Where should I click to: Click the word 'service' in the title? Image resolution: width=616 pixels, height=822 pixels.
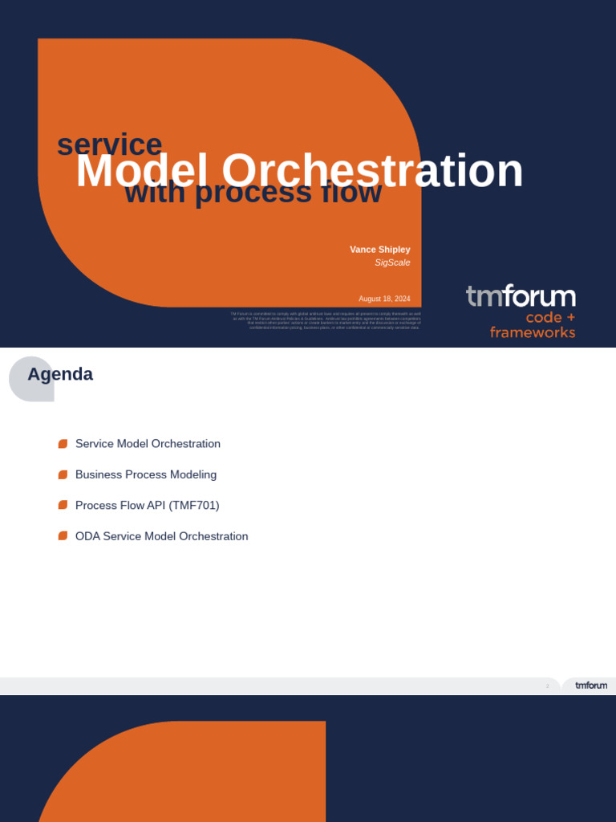pyautogui.click(x=109, y=144)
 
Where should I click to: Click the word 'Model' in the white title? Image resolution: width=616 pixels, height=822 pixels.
pyautogui.click(x=142, y=171)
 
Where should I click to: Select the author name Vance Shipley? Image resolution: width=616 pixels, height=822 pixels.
pyautogui.click(x=379, y=250)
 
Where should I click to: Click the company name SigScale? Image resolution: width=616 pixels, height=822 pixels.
pyautogui.click(x=392, y=262)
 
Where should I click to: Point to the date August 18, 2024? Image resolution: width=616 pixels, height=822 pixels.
pyautogui.click(x=384, y=299)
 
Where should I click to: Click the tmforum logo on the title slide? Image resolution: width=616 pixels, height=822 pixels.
pyautogui.click(x=521, y=296)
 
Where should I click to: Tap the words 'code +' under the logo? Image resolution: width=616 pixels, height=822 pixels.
pyautogui.click(x=550, y=318)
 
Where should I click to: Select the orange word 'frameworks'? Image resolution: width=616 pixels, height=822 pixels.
pyautogui.click(x=533, y=332)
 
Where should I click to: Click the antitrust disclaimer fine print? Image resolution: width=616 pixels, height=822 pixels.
pyautogui.click(x=326, y=320)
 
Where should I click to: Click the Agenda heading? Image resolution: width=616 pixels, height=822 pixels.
pyautogui.click(x=60, y=374)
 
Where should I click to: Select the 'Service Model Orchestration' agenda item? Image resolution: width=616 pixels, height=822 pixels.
pyautogui.click(x=148, y=444)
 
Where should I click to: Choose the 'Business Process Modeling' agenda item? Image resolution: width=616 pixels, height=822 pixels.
pyautogui.click(x=146, y=474)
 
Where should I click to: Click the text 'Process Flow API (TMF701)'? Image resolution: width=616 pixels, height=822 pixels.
pyautogui.click(x=147, y=506)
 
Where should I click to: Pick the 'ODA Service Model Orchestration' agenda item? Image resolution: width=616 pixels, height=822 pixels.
pyautogui.click(x=161, y=536)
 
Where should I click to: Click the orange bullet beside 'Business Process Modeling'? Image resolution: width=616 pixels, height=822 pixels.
pyautogui.click(x=63, y=474)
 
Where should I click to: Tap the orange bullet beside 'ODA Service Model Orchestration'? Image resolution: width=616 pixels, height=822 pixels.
pyautogui.click(x=63, y=536)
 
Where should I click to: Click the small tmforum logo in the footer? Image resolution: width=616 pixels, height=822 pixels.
pyautogui.click(x=591, y=686)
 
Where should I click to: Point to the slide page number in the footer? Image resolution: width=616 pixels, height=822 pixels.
pyautogui.click(x=548, y=686)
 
